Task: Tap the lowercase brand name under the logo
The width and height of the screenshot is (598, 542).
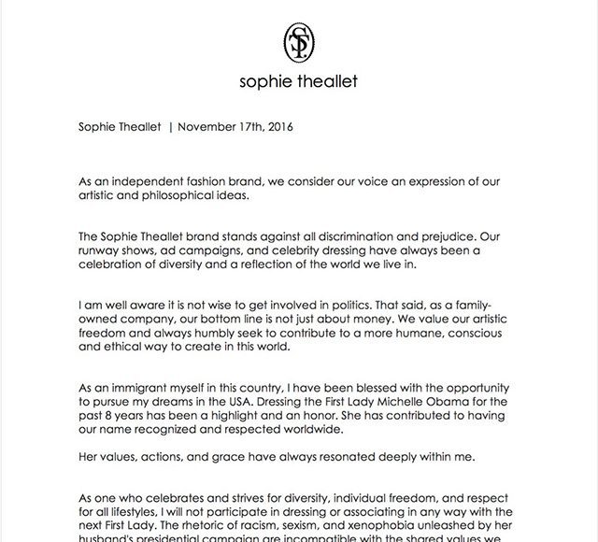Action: tap(298, 81)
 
